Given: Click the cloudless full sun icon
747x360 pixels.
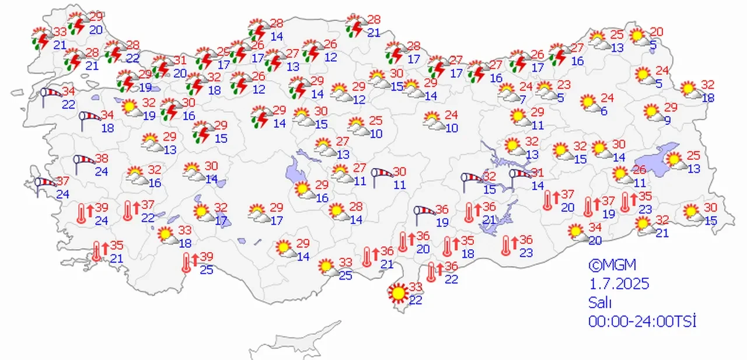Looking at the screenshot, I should [399, 292].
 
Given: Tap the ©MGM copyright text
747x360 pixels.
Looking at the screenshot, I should [608, 265].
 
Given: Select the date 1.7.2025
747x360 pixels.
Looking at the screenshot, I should [618, 284].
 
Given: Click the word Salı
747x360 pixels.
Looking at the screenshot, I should [600, 302].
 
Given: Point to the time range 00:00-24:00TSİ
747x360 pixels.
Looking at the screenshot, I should [643, 320].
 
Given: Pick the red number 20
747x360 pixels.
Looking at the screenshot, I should [657, 32].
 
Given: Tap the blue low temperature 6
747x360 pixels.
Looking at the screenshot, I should [603, 112].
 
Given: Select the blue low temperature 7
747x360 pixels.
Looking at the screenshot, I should [523, 99].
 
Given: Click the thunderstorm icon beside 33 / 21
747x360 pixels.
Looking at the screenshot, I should [41, 37].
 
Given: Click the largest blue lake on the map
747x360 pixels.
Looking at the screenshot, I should [653, 165].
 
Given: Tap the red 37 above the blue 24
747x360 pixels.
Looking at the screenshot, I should [63, 182].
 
